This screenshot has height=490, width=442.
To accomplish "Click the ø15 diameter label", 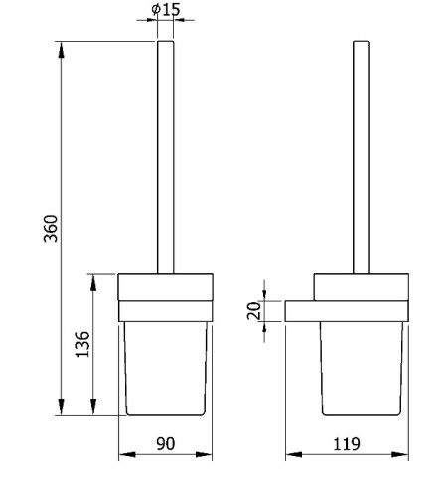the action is pos(166,9).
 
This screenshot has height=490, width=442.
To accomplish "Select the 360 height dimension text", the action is pos(52,229).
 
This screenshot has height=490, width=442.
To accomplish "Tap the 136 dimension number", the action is pos(82,344).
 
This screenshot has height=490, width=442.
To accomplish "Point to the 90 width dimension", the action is pos(165,444).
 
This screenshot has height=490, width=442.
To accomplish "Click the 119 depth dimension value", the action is pos(346,444).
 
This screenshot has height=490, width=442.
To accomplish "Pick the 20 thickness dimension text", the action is pos(254,310).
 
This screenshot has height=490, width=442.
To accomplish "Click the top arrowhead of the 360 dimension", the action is pos(61,50).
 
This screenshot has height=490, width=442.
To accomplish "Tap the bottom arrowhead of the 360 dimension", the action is pos(61,407).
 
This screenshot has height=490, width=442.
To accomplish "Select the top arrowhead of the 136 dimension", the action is pos(93,282).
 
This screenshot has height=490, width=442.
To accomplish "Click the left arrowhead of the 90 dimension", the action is pos(127,454).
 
